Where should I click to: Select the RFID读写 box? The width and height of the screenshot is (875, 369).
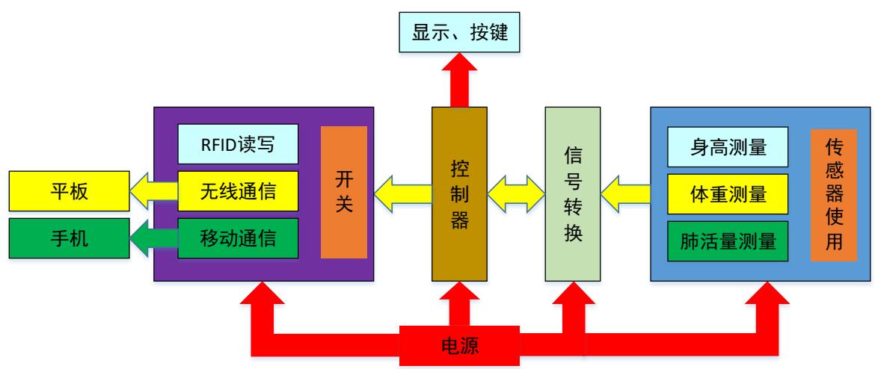[238, 144]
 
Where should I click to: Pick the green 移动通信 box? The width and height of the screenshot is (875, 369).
[238, 238]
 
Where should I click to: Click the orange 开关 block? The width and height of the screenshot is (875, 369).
[344, 193]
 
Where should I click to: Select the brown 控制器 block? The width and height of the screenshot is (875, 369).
[459, 193]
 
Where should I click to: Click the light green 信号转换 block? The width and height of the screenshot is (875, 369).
[571, 193]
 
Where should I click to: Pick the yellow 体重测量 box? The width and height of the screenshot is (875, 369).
[727, 194]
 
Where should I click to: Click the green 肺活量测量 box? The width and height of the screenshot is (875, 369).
[727, 241]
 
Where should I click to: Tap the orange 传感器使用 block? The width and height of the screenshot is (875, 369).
[833, 195]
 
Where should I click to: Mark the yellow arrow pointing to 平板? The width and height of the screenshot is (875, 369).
[153, 190]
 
